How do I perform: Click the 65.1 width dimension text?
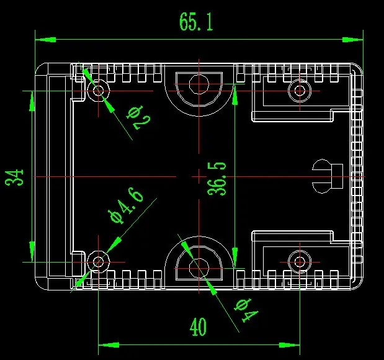197,22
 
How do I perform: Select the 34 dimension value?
14,177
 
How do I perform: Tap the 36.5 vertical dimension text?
217,178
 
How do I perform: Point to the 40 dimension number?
198,326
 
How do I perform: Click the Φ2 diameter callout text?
138,117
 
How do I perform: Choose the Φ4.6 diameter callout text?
126,205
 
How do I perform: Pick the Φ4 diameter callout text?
246,310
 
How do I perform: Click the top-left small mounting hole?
99,91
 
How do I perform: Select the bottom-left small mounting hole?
99,262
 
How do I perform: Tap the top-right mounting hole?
300,91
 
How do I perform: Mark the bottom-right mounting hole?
300,262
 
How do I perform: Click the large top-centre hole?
199,84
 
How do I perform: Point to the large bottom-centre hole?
199,268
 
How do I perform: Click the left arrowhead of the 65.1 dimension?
45,40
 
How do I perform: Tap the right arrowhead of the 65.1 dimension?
352,40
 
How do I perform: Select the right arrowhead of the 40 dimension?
290,345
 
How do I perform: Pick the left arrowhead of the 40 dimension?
109,345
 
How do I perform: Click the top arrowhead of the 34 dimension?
32,101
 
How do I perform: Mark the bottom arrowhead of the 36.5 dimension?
234,258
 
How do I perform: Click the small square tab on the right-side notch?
337,176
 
